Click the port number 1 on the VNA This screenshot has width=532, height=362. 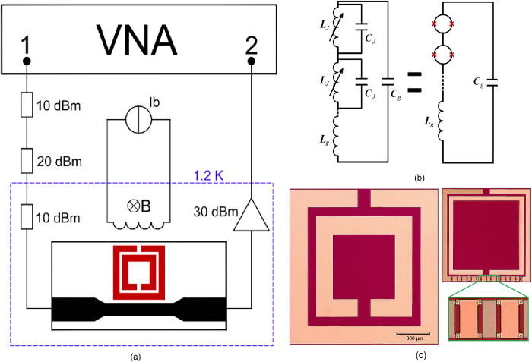click(26, 49)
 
